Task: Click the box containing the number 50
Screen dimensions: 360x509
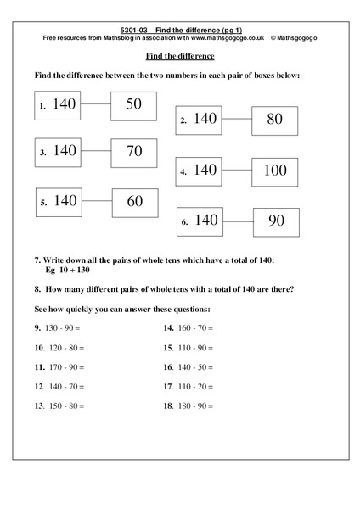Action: [134, 105]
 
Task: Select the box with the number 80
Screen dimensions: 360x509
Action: [274, 120]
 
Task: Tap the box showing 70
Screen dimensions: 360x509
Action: [134, 153]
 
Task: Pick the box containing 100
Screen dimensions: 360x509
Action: [274, 171]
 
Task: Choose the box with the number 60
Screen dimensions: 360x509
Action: [134, 201]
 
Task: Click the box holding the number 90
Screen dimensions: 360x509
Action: [276, 221]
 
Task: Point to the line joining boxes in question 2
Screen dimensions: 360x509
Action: [239, 120]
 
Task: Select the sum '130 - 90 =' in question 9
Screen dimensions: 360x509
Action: [65, 327]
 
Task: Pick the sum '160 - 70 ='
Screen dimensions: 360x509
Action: [194, 327]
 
